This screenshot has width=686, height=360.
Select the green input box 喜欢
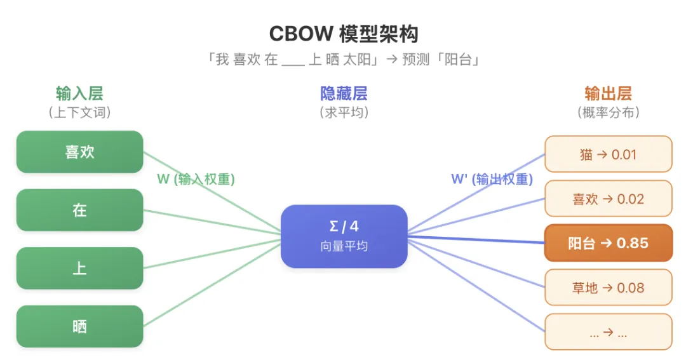[x=79, y=152]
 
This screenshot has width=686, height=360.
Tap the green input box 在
[x=79, y=210]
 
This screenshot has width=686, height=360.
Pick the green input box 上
[x=79, y=268]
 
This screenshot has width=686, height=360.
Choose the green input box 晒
[x=79, y=326]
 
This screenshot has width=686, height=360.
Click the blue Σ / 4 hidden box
[x=344, y=236]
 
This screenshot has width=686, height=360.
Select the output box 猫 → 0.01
[x=608, y=154]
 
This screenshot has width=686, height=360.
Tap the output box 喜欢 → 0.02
[x=608, y=199]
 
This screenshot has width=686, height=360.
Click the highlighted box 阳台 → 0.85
[x=608, y=243]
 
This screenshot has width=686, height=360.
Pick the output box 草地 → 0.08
[x=608, y=288]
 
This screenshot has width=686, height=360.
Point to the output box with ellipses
[x=608, y=332]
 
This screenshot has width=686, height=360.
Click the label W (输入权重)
[x=196, y=180]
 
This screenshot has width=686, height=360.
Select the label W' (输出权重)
[x=492, y=180]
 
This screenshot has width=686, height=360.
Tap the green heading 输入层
[x=79, y=94]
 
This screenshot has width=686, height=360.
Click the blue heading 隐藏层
[x=344, y=94]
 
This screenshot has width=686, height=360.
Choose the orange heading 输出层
[x=608, y=94]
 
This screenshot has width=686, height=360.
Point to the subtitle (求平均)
[x=344, y=112]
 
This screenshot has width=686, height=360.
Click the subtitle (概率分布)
[x=608, y=112]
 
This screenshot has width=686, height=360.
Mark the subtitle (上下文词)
[x=79, y=112]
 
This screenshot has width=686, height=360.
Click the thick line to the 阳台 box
[x=476, y=239]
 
